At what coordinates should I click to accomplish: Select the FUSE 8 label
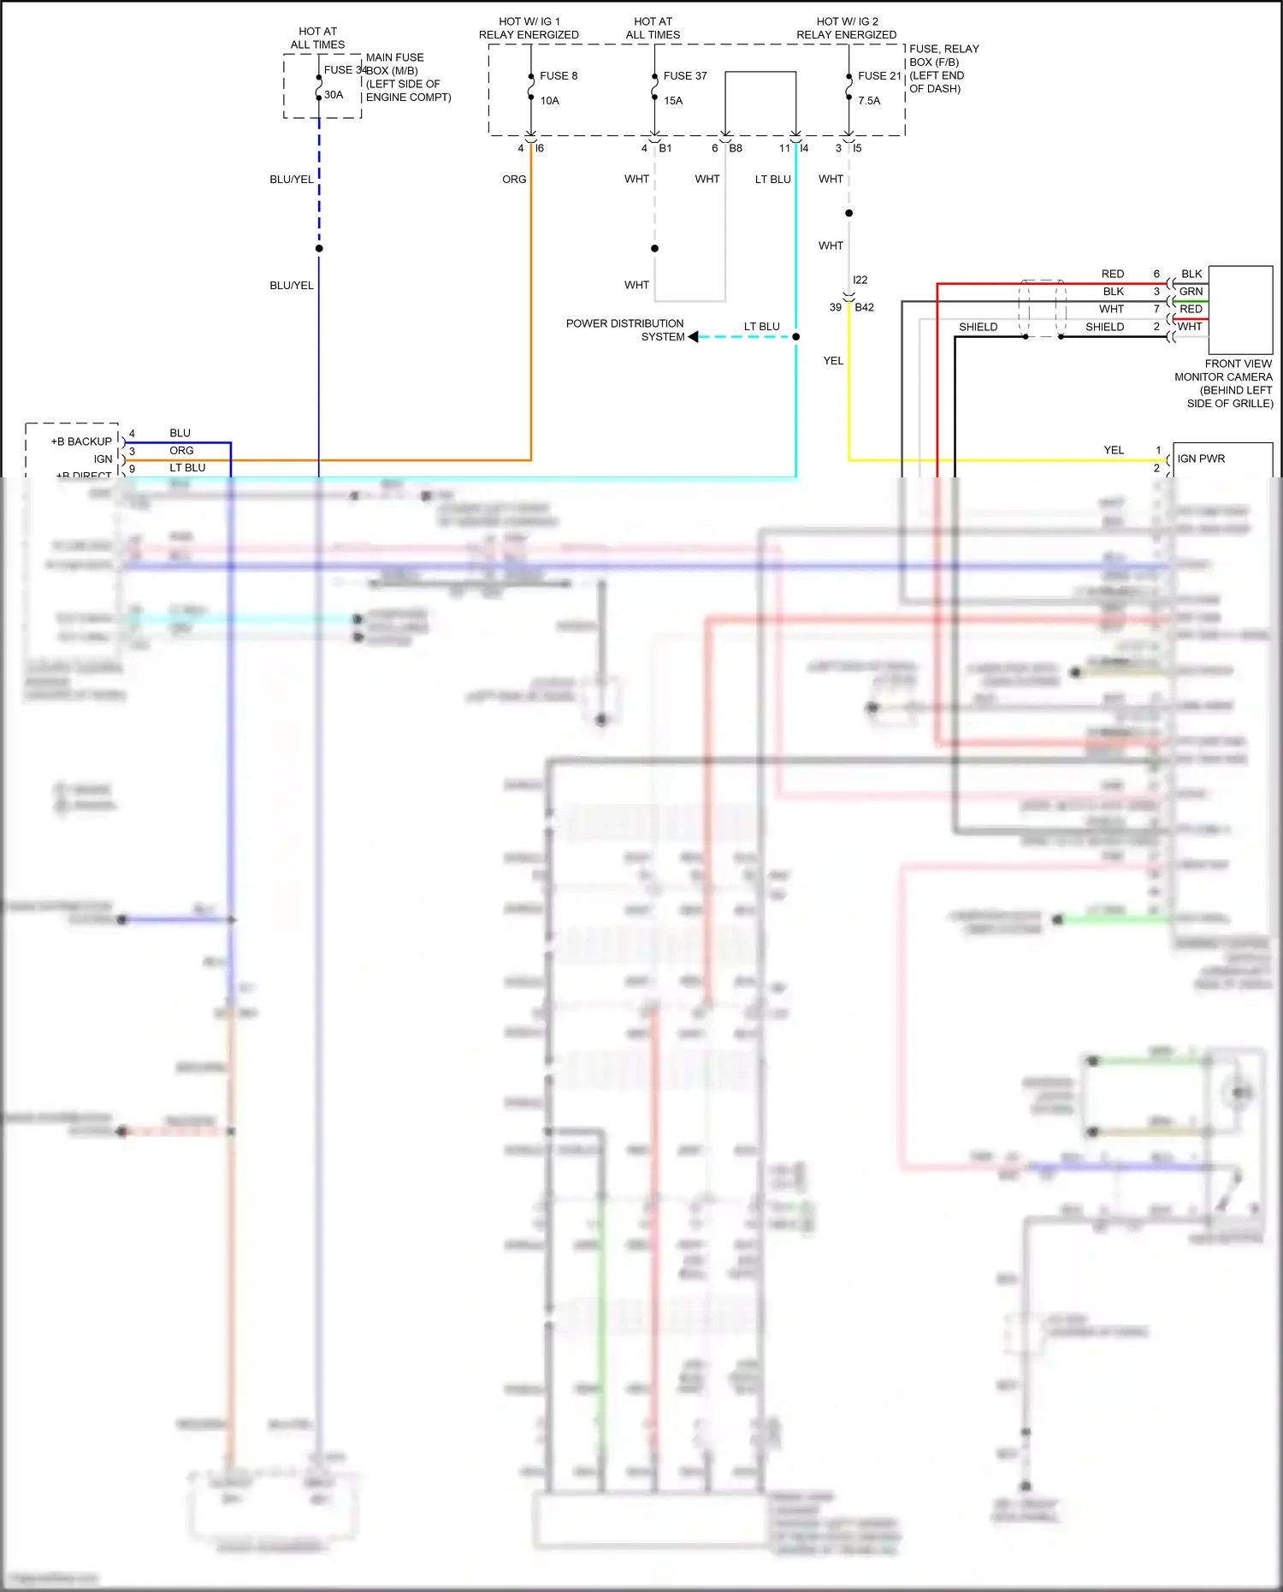[x=559, y=76]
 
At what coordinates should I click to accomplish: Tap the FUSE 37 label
[x=685, y=76]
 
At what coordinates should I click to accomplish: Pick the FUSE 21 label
[x=879, y=76]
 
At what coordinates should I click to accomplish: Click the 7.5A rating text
[x=869, y=101]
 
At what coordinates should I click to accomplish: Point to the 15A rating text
[x=673, y=101]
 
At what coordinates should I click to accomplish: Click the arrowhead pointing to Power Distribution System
[x=693, y=337]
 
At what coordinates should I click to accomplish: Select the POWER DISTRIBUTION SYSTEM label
[x=625, y=330]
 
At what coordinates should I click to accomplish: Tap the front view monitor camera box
[x=1240, y=310]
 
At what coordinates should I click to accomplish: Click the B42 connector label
[x=864, y=308]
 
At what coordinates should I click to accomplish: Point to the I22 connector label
[x=860, y=280]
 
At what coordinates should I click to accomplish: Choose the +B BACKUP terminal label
[x=81, y=441]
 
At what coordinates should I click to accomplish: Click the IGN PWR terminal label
[x=1201, y=459]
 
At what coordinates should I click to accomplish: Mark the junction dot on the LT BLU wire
[x=795, y=337]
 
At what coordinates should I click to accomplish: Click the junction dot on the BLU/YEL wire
[x=319, y=249]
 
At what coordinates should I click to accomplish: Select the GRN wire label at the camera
[x=1191, y=292]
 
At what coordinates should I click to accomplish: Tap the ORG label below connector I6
[x=514, y=180]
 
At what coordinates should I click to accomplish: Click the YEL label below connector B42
[x=833, y=361]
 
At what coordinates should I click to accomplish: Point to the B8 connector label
[x=736, y=149]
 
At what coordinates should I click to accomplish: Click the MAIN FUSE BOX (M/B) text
[x=394, y=64]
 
